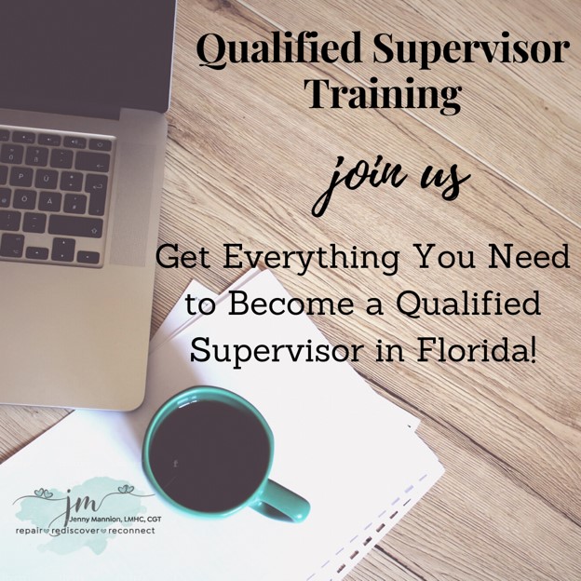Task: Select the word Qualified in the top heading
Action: pos(279,49)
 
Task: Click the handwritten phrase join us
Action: pos(390,183)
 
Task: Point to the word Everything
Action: pos(311,260)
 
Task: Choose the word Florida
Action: pos(477,348)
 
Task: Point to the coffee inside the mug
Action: pos(209,454)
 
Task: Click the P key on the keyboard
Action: pos(20,177)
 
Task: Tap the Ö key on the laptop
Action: pos(24,198)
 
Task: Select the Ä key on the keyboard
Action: pos(49,202)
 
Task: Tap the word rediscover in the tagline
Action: pos(75,531)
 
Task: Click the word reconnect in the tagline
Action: pos(130,531)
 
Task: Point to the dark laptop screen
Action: pos(86,56)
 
